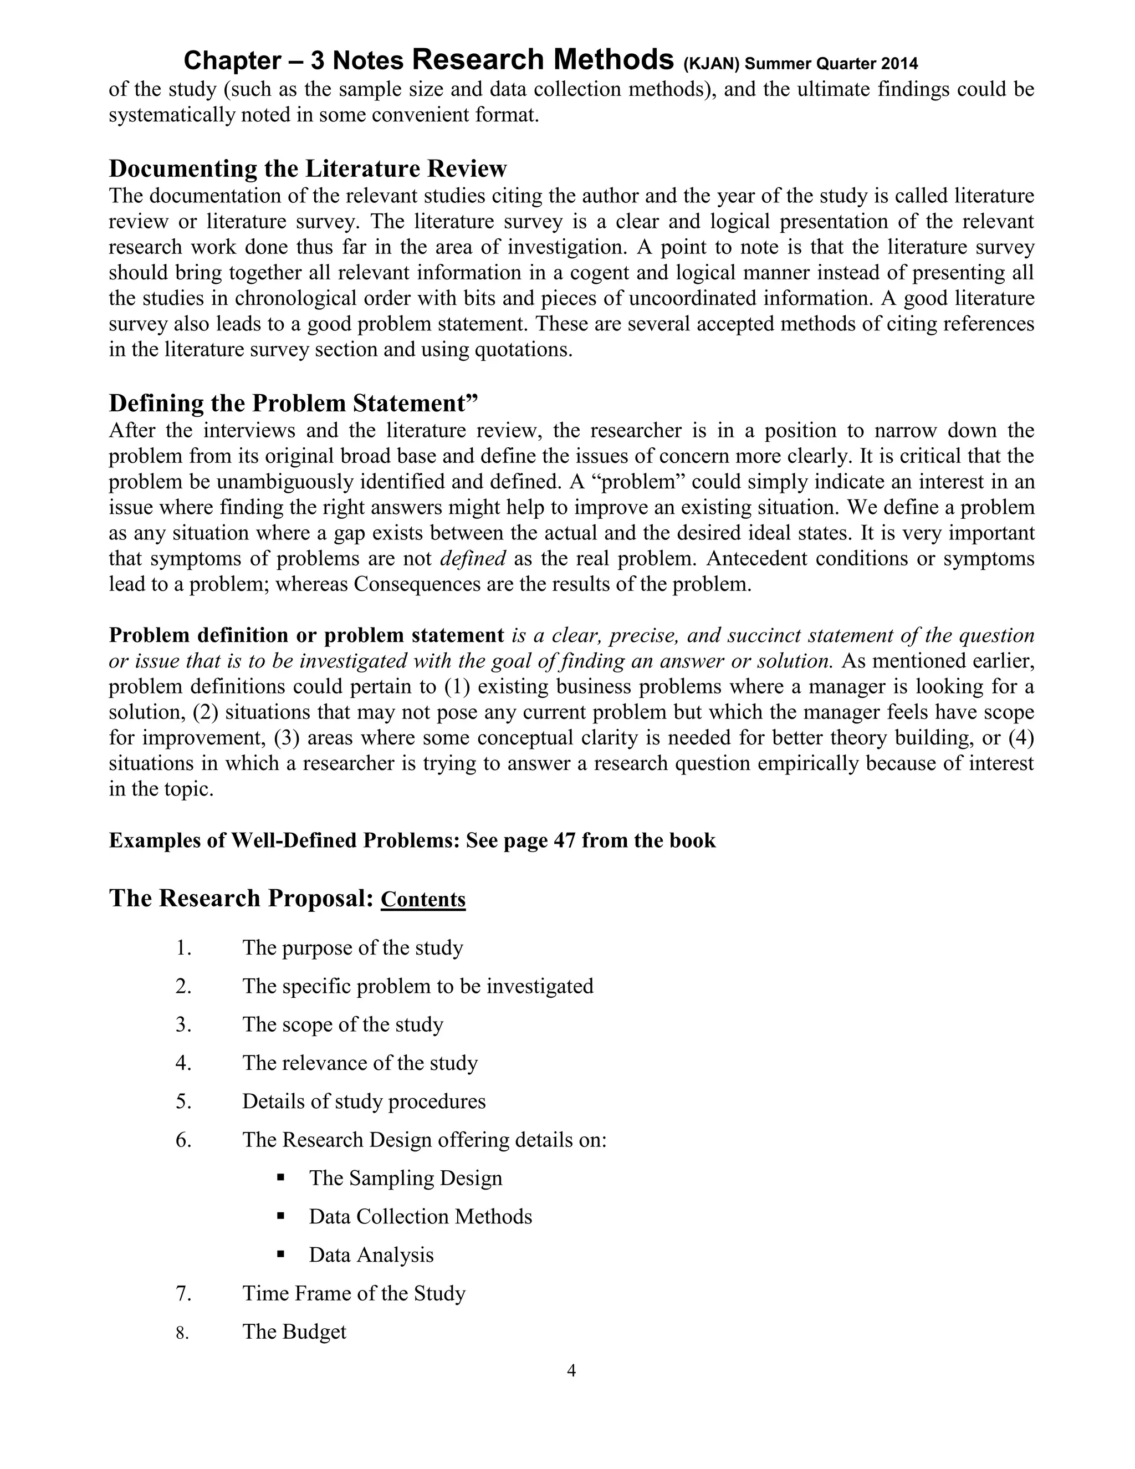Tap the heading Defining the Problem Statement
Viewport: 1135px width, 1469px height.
pyautogui.click(x=293, y=403)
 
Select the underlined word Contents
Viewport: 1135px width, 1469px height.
pyautogui.click(x=423, y=900)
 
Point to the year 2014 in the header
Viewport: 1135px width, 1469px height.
pyautogui.click(x=899, y=64)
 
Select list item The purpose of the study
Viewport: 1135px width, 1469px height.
pyautogui.click(x=352, y=948)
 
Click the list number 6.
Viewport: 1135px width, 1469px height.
pyautogui.click(x=183, y=1140)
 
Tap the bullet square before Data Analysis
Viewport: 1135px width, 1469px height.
pyautogui.click(x=280, y=1254)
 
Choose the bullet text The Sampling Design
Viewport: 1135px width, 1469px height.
pyautogui.click(x=406, y=1179)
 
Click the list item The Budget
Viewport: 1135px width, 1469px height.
pyautogui.click(x=294, y=1332)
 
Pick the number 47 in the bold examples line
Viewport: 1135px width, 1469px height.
pyautogui.click(x=564, y=841)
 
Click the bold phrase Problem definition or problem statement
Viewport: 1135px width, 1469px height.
pyautogui.click(x=306, y=636)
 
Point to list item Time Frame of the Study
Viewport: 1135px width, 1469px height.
pyautogui.click(x=354, y=1293)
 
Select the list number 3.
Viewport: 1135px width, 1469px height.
pyautogui.click(x=183, y=1025)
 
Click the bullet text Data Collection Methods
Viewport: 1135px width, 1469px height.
pyautogui.click(x=420, y=1217)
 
